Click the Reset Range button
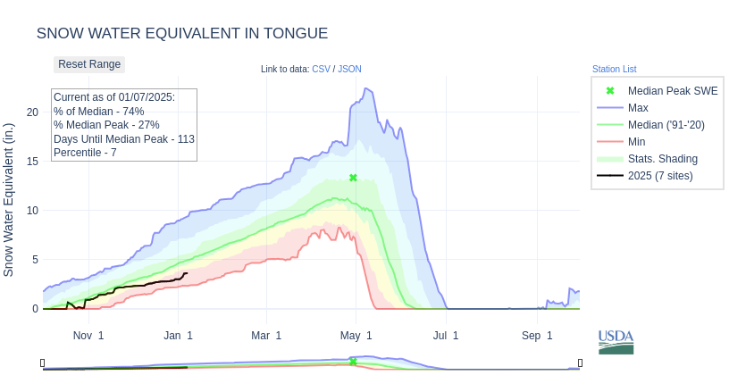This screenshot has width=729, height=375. [89, 64]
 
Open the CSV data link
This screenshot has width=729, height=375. [321, 69]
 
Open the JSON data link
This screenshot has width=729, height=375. [349, 69]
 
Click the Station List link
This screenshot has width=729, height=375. [614, 69]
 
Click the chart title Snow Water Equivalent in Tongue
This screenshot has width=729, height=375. [182, 34]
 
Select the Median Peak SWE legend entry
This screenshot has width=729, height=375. [672, 91]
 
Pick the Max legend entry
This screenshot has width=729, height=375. [638, 108]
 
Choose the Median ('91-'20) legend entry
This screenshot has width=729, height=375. [666, 125]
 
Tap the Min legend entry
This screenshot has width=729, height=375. [636, 142]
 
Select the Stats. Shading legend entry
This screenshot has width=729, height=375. [662, 159]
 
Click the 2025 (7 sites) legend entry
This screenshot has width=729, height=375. [659, 176]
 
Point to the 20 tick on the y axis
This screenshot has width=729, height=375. [32, 112]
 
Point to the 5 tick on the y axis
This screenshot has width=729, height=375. [35, 260]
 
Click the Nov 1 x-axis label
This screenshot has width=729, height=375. [88, 336]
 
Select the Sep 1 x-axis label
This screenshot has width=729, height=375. [537, 336]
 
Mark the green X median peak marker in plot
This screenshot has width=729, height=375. [353, 178]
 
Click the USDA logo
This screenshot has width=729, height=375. [616, 341]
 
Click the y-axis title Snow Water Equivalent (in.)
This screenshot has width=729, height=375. [9, 199]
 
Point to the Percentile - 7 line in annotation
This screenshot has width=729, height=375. [85, 153]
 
